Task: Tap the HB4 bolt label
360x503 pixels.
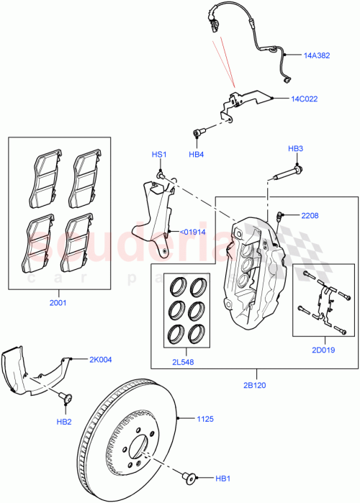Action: click(x=197, y=154)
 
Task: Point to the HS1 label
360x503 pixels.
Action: click(x=158, y=155)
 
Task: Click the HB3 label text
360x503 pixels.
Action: click(x=295, y=149)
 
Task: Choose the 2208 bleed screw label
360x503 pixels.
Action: click(x=309, y=214)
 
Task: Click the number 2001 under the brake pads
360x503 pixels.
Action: click(x=58, y=303)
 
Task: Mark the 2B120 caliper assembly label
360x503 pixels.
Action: click(x=253, y=385)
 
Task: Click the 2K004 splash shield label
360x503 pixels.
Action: click(x=101, y=358)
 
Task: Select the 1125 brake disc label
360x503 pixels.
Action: click(x=208, y=417)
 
